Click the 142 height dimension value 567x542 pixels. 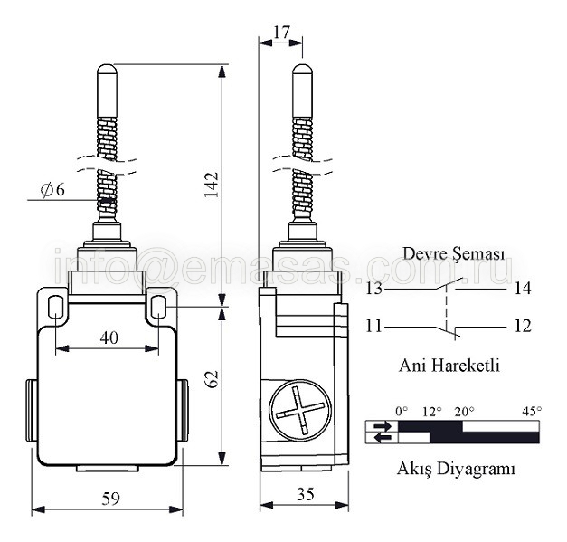[212, 185]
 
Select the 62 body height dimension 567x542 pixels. [212, 379]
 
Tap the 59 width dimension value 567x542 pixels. [110, 499]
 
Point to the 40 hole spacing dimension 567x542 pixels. [109, 338]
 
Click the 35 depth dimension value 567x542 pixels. [306, 494]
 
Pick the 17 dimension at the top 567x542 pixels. [282, 33]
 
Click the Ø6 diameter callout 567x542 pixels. [52, 190]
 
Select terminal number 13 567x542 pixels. [373, 289]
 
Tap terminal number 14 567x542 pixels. [523, 289]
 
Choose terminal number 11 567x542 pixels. [373, 326]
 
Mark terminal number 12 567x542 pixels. [523, 326]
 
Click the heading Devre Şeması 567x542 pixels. [453, 254]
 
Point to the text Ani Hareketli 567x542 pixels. [449, 365]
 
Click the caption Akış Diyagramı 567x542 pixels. [456, 470]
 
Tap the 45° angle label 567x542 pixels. [532, 411]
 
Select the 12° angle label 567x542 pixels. [432, 412]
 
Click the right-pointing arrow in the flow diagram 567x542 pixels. [383, 426]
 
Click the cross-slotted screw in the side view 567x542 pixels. [300, 410]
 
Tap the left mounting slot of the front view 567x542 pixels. [55, 306]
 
